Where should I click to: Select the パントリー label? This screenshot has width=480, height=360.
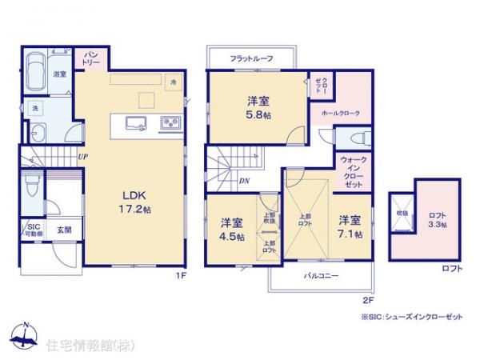coord(89,57)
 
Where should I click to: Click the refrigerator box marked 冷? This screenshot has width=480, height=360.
coord(174,81)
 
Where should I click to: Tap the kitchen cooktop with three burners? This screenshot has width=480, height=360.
coord(170,122)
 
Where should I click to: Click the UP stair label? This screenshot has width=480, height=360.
coord(82,156)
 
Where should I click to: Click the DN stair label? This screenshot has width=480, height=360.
coord(243,182)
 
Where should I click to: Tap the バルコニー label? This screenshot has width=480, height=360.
coord(319,276)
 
